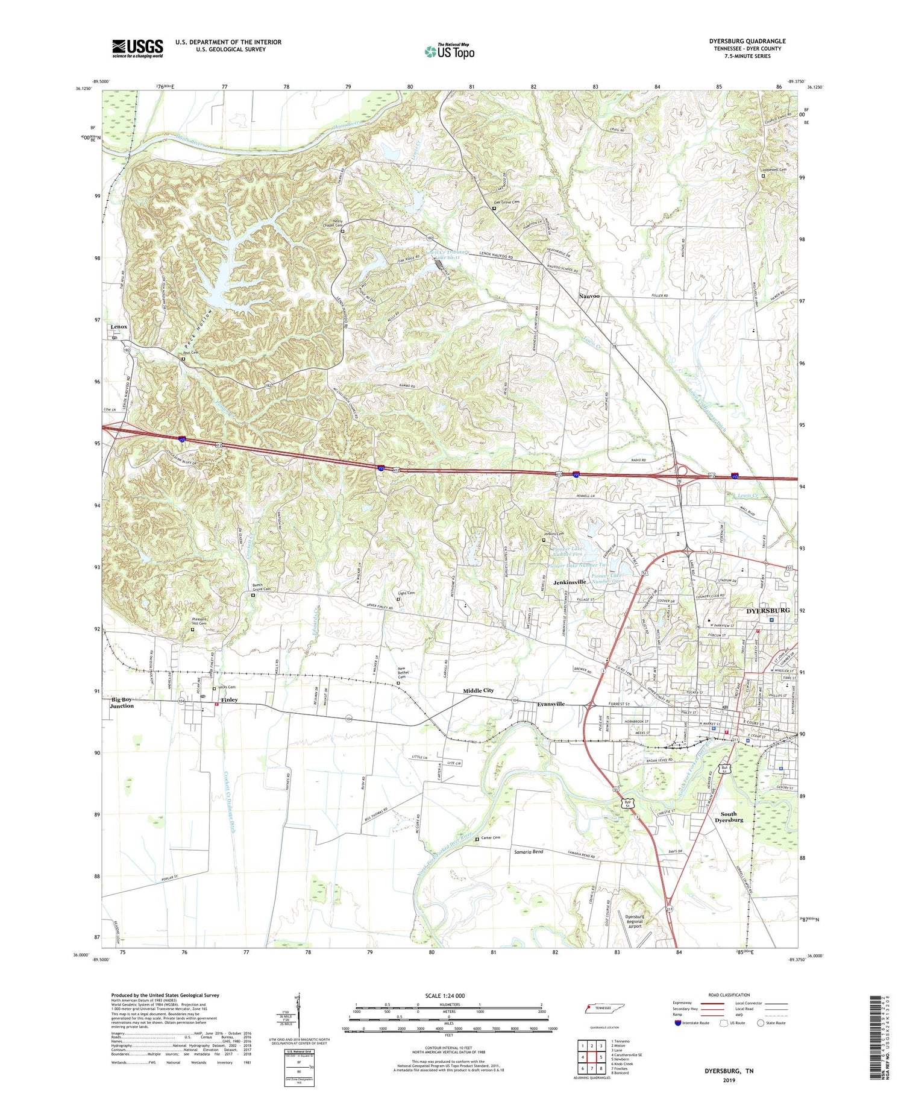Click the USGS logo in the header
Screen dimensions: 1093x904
(x=137, y=48)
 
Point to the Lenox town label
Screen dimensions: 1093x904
(x=119, y=327)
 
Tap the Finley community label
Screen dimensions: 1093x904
(x=229, y=700)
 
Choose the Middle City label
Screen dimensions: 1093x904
(x=478, y=690)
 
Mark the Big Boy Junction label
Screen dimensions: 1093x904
(x=122, y=702)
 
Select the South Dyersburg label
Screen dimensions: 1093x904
(x=729, y=817)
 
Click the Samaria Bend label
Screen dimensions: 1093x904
(x=529, y=852)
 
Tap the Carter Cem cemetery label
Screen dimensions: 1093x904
(x=491, y=838)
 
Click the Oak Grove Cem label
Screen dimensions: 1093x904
(x=507, y=203)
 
